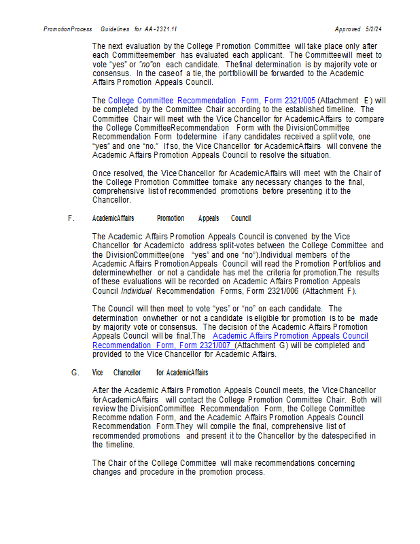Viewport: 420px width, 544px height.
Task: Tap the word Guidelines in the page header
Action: click(x=115, y=29)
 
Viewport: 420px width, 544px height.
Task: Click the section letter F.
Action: click(x=71, y=218)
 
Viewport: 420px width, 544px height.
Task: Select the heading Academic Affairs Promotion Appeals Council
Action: click(x=171, y=218)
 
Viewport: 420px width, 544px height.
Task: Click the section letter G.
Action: click(x=75, y=373)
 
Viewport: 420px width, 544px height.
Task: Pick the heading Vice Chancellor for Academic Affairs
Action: click(x=150, y=373)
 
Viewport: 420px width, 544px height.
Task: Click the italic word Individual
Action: click(x=137, y=291)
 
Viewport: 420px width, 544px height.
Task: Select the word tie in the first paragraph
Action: click(x=193, y=73)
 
